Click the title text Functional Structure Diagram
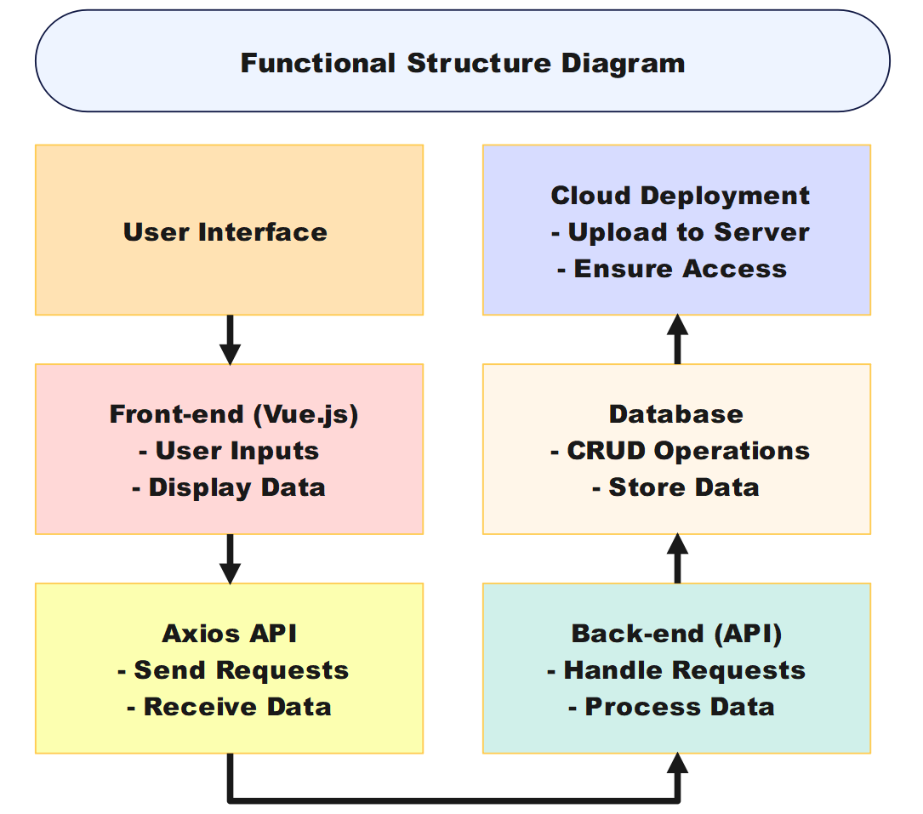[x=462, y=63]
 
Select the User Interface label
[x=225, y=232]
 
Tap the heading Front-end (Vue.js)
[x=234, y=414]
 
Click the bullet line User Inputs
[x=229, y=451]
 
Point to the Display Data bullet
[x=229, y=487]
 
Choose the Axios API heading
[x=230, y=634]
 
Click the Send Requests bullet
[x=233, y=670]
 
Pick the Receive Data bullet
[x=229, y=707]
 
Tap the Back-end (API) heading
[x=676, y=634]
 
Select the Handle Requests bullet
[x=676, y=670]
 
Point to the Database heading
[x=676, y=414]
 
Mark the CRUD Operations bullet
[x=680, y=451]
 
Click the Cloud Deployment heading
[x=681, y=196]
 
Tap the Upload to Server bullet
[x=681, y=232]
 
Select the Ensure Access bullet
[x=672, y=269]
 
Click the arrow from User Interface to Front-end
[x=230, y=339]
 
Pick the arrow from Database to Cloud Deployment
[x=677, y=339]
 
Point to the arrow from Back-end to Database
[x=677, y=559]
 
